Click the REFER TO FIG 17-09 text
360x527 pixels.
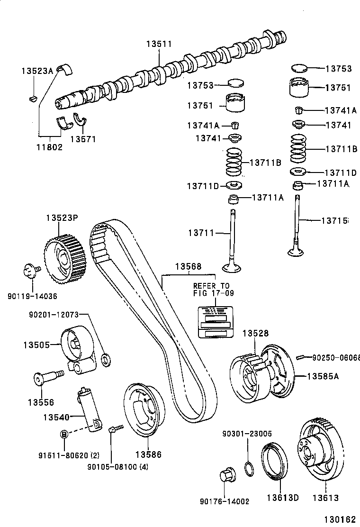coord(211,290)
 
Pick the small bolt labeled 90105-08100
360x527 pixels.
coord(114,429)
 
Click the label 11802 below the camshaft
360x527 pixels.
coord(50,147)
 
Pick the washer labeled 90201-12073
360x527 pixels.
coord(107,359)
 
